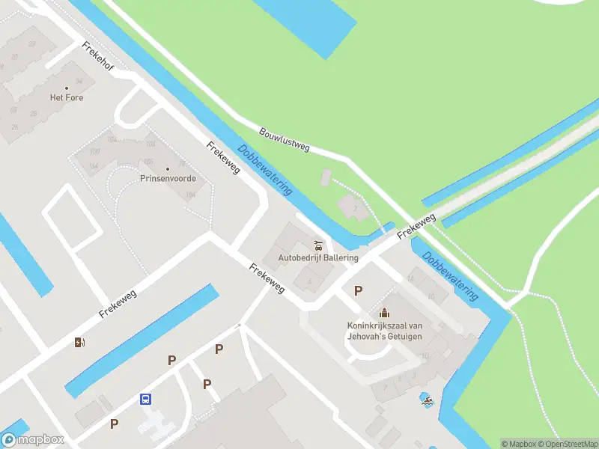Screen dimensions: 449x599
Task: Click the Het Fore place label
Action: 67,98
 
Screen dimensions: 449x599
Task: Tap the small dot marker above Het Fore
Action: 67,88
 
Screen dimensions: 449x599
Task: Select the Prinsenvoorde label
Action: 168,179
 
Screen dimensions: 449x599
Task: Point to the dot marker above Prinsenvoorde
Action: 168,168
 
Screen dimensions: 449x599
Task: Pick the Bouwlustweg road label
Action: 284,139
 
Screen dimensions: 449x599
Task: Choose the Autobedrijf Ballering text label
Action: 318,257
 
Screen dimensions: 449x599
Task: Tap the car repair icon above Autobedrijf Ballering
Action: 318,245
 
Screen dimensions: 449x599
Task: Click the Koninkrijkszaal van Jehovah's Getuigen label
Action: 384,331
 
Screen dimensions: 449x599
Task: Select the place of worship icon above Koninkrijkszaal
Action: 384,313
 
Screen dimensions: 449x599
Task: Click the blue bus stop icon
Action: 145,399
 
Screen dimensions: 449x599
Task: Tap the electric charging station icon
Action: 80,343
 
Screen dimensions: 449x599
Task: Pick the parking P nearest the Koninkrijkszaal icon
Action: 359,291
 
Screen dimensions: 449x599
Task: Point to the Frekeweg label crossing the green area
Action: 416,227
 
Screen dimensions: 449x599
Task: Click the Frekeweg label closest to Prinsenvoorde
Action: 223,158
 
